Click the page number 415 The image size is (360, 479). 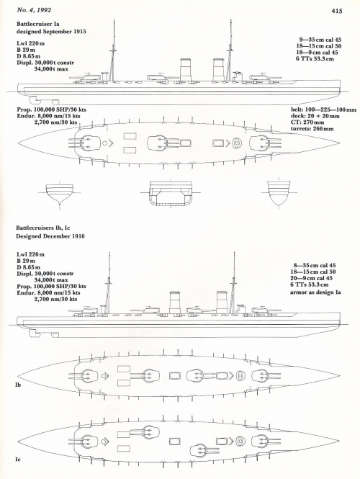tap(337, 11)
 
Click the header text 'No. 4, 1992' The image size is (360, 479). tap(34, 10)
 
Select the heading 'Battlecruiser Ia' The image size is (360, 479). tap(38, 24)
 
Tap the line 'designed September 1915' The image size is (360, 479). tap(51, 32)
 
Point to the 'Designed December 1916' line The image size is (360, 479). tap(50, 236)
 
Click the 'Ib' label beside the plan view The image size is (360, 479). tap(18, 385)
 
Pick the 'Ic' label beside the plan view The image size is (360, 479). tap(18, 459)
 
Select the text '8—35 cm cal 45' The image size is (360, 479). tap(315, 266)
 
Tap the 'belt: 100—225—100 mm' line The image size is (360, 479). tap(323, 109)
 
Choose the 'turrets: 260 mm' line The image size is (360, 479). tap(312, 129)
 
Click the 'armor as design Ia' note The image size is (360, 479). tap(315, 292)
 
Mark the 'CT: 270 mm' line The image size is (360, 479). tap(307, 122)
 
